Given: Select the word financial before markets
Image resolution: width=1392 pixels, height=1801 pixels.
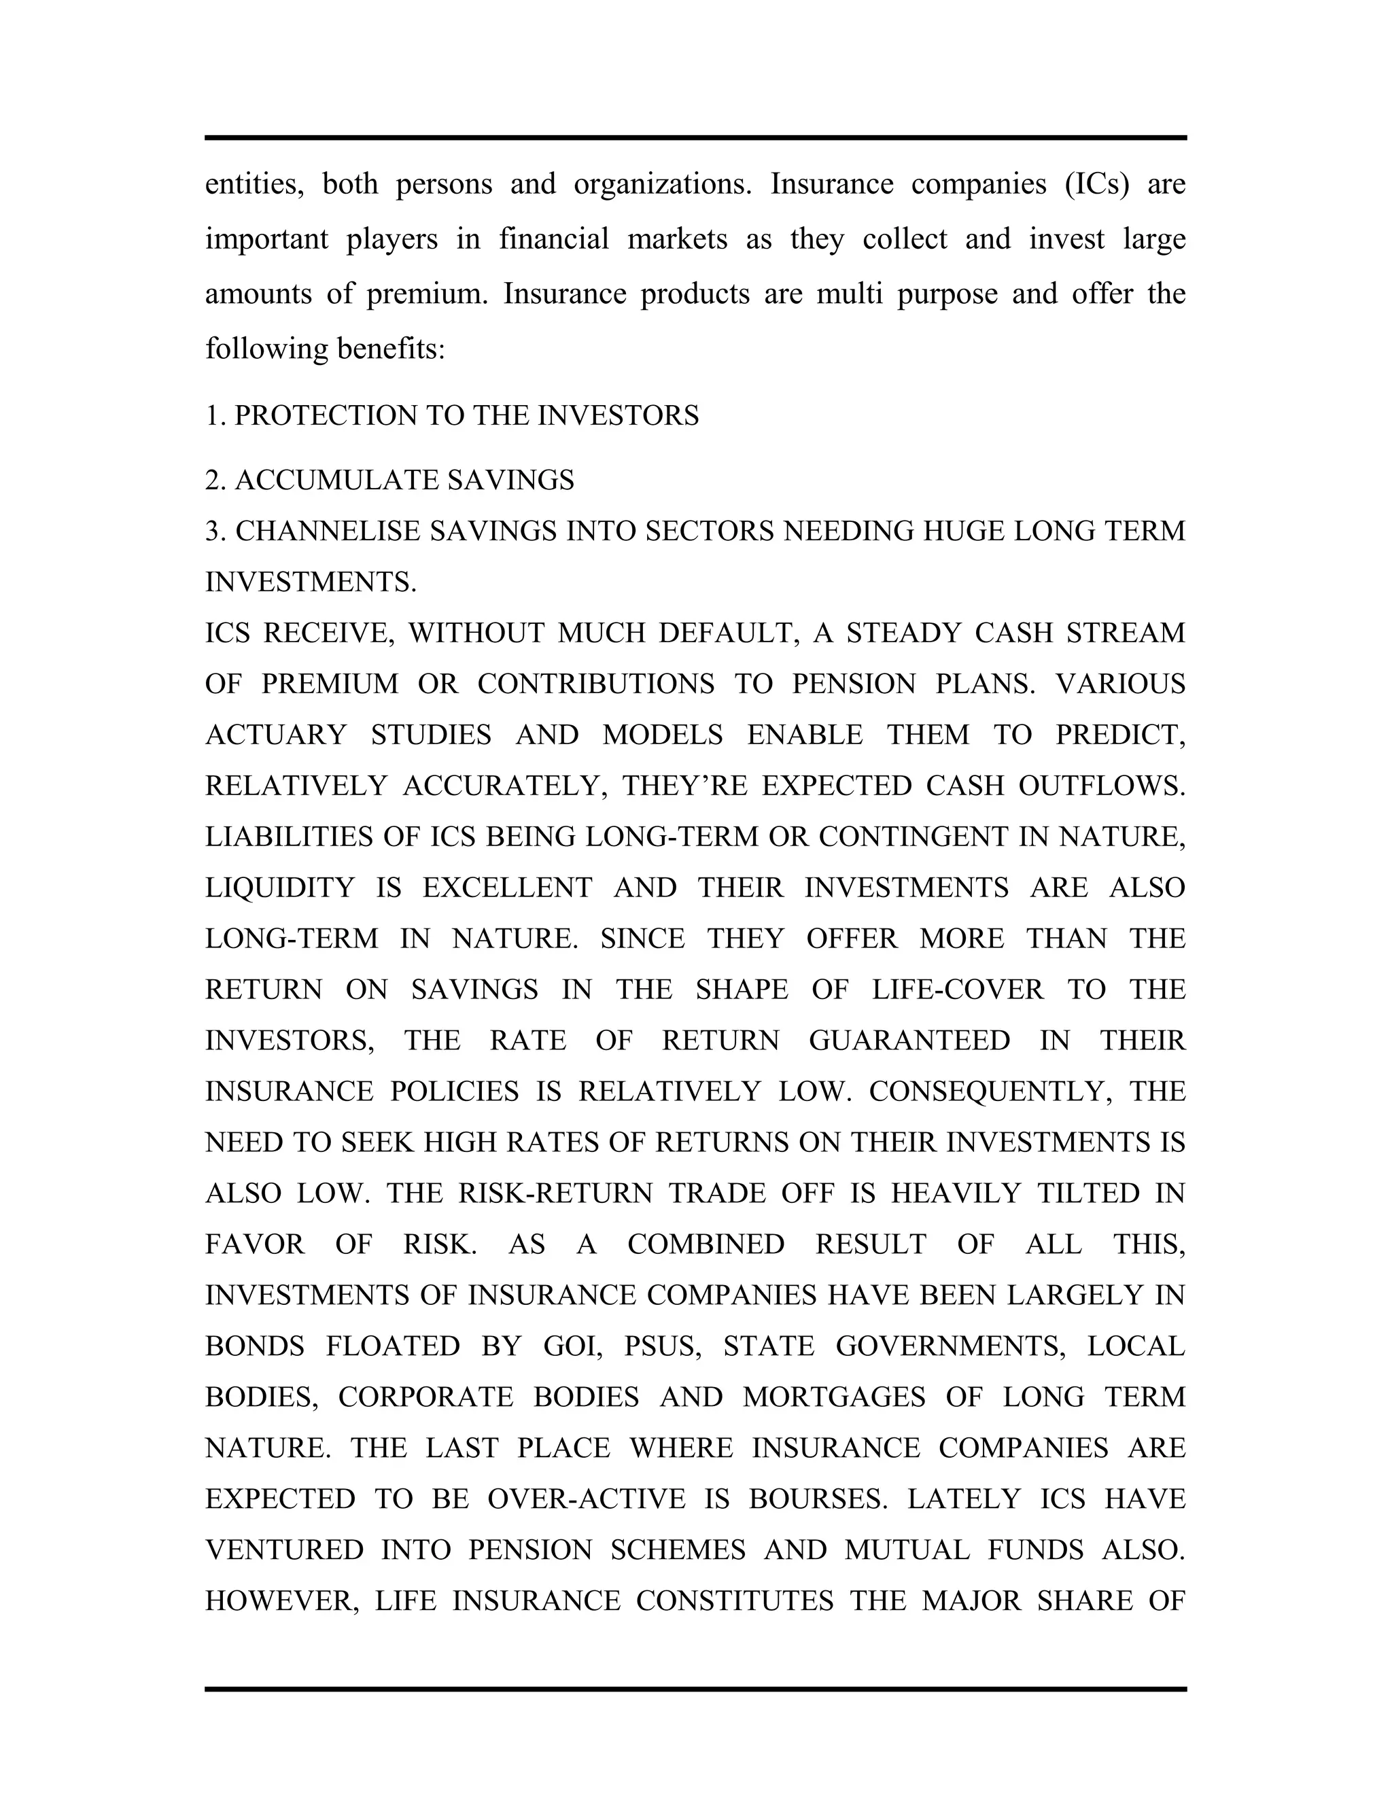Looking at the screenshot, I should point(554,239).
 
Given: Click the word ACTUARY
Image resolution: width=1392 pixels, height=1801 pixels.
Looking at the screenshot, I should point(275,735).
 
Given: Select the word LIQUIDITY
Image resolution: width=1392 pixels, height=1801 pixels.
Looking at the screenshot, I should point(279,888).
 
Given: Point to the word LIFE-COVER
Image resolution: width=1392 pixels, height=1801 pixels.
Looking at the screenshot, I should point(958,990).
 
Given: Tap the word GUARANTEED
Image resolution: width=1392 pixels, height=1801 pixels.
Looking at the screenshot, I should point(909,1041).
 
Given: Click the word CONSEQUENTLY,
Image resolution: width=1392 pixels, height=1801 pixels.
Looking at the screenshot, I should point(988,1092).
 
